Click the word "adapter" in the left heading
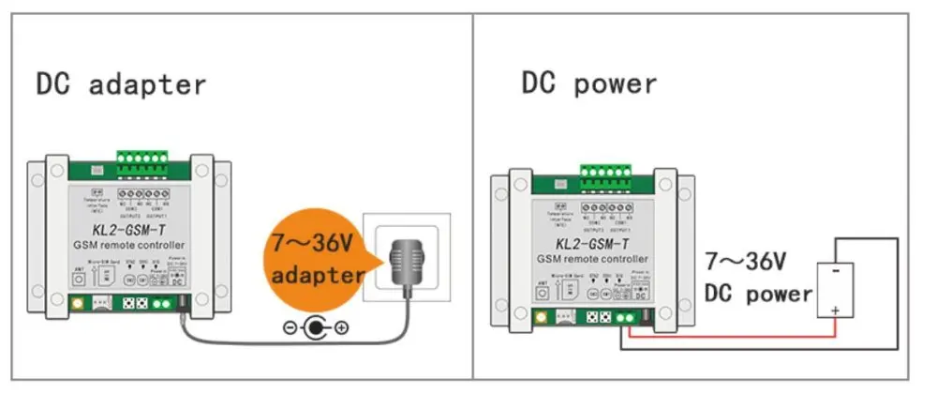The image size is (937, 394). coord(147,84)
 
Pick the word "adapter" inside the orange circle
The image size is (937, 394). coord(317,276)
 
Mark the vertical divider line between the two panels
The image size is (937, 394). coord(471,197)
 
